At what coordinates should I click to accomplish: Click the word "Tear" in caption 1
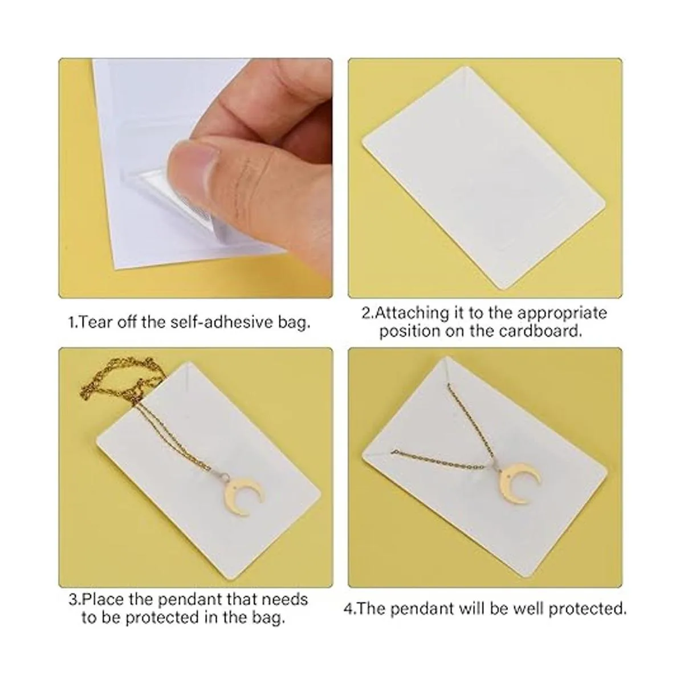click(x=95, y=323)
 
